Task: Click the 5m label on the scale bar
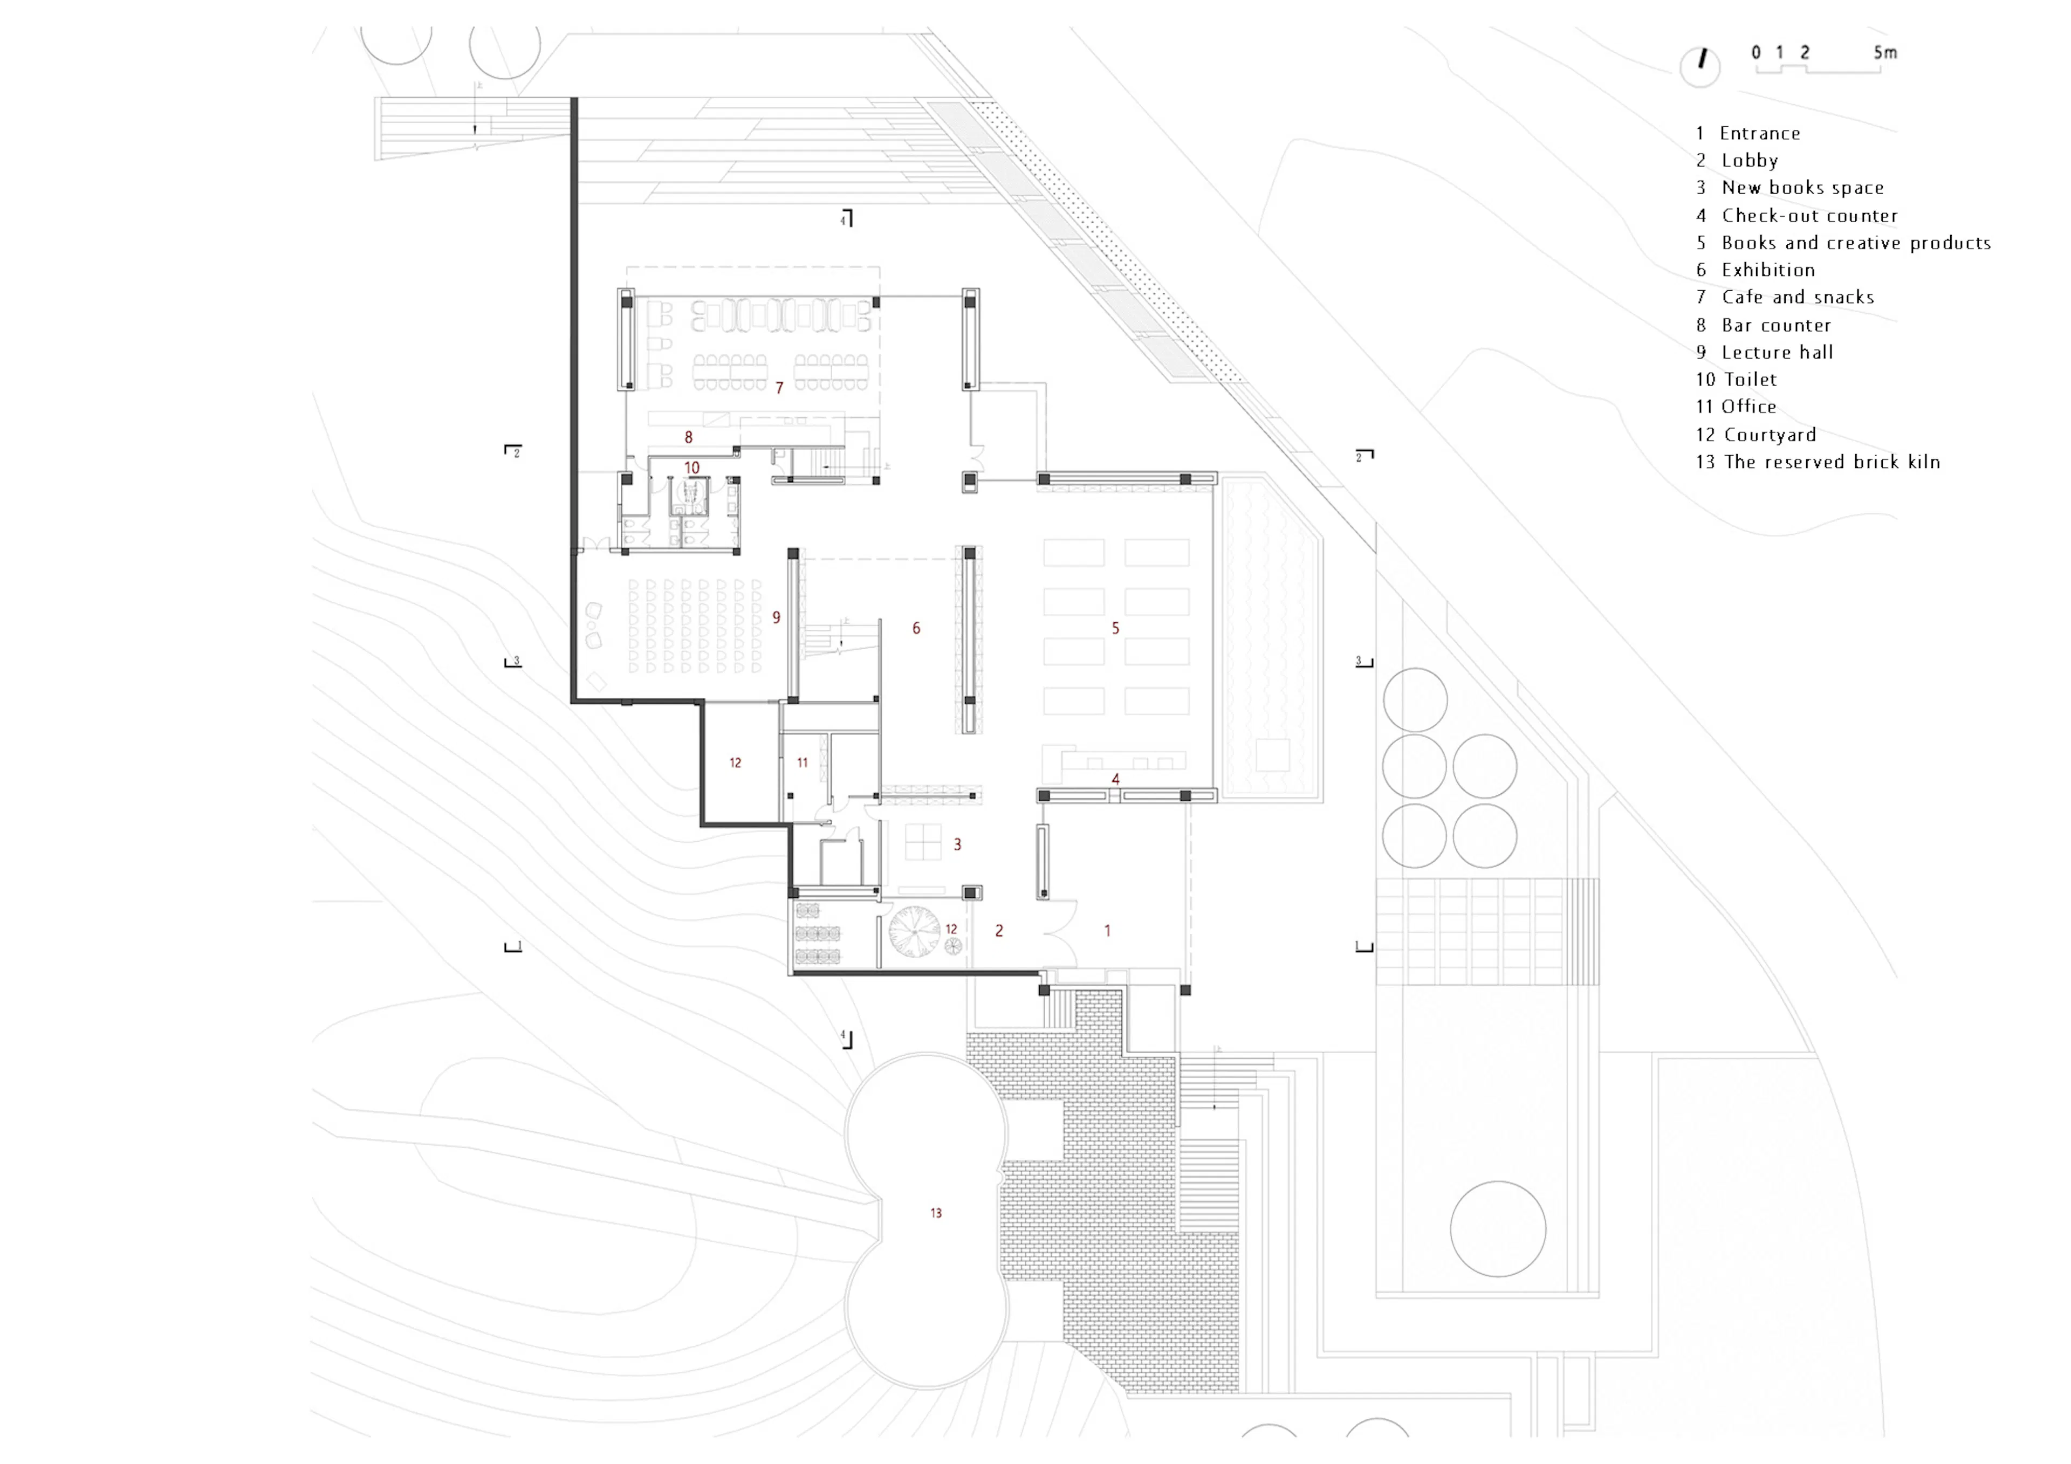pyautogui.click(x=1884, y=52)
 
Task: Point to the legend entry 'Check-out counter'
pyautogui.click(x=1797, y=216)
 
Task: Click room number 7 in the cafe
pyautogui.click(x=779, y=388)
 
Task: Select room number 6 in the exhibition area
pyautogui.click(x=916, y=628)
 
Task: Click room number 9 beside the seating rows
pyautogui.click(x=776, y=617)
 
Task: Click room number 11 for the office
pyautogui.click(x=802, y=763)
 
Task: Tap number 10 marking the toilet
pyautogui.click(x=692, y=468)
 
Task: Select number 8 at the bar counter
pyautogui.click(x=688, y=437)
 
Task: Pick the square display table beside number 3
pyautogui.click(x=923, y=843)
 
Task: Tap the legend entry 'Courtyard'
pyautogui.click(x=1755, y=435)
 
